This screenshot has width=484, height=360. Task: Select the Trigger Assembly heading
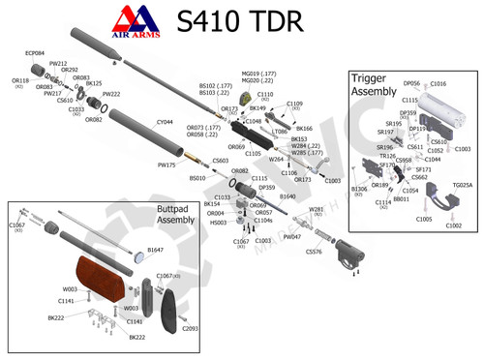click(x=377, y=85)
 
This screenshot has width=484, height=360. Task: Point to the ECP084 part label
click(x=36, y=53)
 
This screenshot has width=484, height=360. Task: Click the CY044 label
click(x=166, y=123)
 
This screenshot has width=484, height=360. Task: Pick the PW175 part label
click(x=166, y=165)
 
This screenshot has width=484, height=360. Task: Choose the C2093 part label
click(x=190, y=328)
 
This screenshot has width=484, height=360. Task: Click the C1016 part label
click(x=438, y=83)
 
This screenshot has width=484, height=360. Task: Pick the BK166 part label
click(x=304, y=128)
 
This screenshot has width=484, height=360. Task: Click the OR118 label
click(x=19, y=81)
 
